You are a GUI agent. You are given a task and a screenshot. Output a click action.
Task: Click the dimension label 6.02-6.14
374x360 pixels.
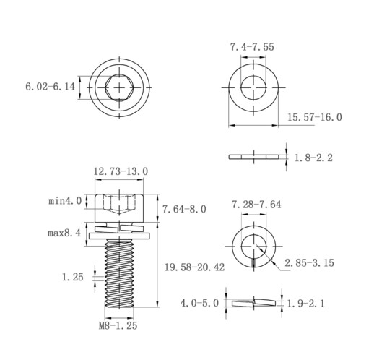coord(50,87)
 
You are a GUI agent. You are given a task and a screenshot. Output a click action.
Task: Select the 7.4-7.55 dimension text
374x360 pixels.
coord(252,47)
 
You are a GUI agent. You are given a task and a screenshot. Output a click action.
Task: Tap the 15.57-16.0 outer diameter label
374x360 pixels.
coord(315,117)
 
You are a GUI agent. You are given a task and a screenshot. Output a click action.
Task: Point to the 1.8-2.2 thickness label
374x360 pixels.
coord(313,158)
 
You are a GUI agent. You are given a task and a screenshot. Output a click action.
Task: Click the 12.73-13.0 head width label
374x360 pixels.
coord(121,171)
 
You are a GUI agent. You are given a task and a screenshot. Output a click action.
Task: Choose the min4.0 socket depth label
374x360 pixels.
coord(65,201)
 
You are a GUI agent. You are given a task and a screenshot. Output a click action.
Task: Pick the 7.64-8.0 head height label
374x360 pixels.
coord(184,209)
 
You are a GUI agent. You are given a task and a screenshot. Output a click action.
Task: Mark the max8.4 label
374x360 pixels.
coord(64,233)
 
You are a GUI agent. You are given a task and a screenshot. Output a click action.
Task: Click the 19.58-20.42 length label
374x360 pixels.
coord(194,267)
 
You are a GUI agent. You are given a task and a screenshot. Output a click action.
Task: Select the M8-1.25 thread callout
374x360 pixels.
coord(118,326)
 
